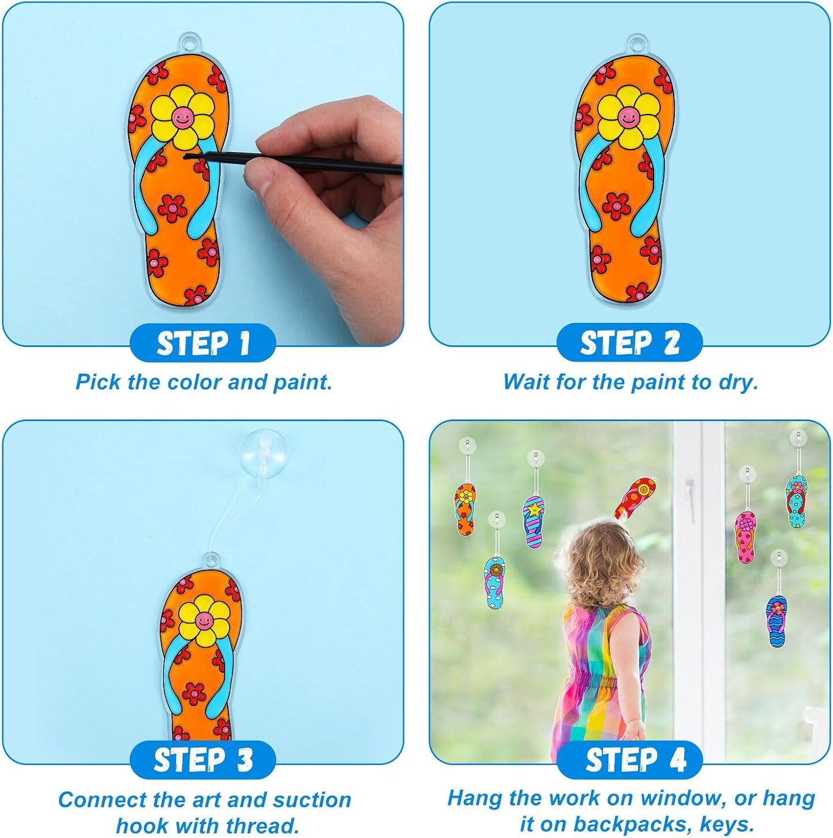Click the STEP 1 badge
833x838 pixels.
pos(202,343)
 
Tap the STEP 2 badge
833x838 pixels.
pos(629,342)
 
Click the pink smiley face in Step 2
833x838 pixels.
pos(627,117)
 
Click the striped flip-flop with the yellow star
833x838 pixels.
pos(535,522)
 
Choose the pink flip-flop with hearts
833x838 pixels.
pos(746,537)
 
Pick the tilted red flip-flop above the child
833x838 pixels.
pos(635,498)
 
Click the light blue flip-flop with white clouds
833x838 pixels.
pos(495,583)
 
